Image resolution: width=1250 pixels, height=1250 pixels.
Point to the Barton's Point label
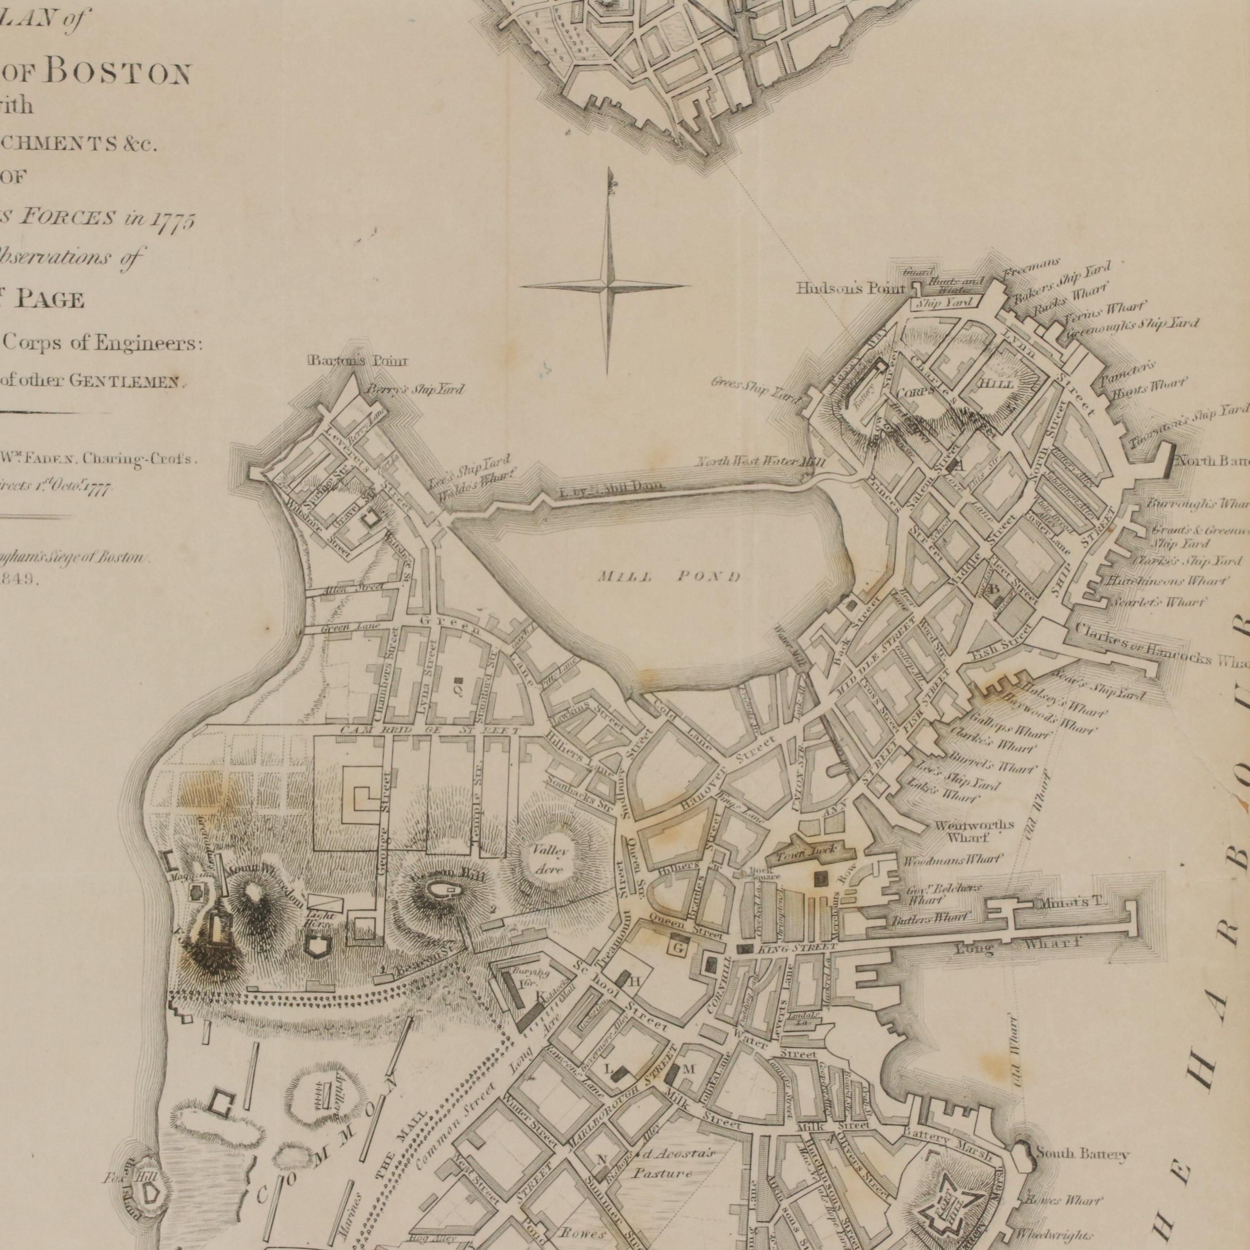[358, 361]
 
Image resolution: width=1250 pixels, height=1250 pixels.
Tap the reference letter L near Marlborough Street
[608, 1069]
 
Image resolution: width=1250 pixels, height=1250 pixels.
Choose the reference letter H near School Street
[635, 981]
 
